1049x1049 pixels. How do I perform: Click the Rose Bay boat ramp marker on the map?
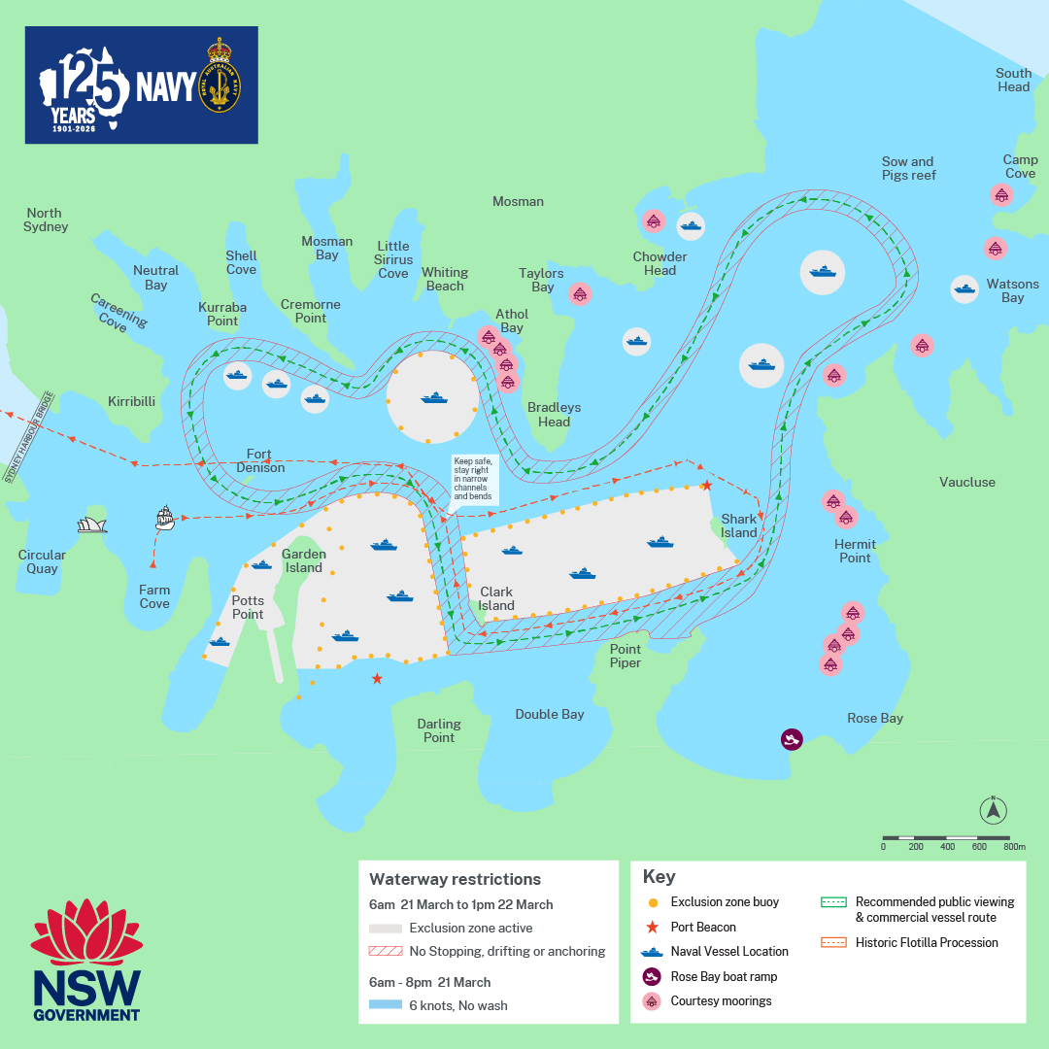(793, 740)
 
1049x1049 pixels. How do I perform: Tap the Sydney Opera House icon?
(92, 524)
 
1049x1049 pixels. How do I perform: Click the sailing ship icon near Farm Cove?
(165, 518)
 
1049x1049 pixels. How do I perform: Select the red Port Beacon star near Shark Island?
(707, 485)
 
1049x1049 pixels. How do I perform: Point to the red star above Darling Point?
(377, 679)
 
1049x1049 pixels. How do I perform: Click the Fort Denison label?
(260, 460)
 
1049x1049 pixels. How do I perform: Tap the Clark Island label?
(495, 598)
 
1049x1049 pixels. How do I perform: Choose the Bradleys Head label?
(554, 414)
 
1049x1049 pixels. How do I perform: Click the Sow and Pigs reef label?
(908, 168)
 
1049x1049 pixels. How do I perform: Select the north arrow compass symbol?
(993, 810)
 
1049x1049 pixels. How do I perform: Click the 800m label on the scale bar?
(1014, 847)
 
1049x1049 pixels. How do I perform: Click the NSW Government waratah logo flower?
(87, 934)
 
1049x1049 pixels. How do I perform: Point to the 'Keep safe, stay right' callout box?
(473, 478)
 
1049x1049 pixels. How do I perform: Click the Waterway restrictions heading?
(455, 879)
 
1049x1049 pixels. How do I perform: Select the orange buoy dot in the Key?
(652, 902)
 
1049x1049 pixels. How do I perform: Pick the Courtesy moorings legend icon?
(652, 1000)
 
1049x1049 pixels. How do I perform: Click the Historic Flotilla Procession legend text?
(927, 942)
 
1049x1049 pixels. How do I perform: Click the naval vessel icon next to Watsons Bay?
(964, 288)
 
